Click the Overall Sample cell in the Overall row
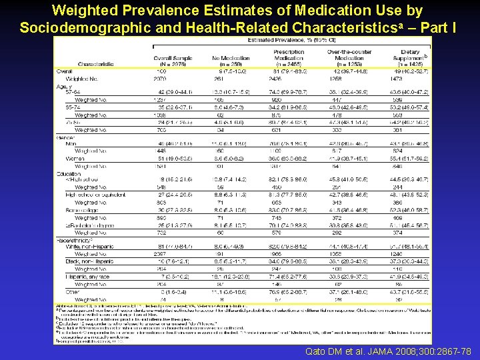coord(161,70)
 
